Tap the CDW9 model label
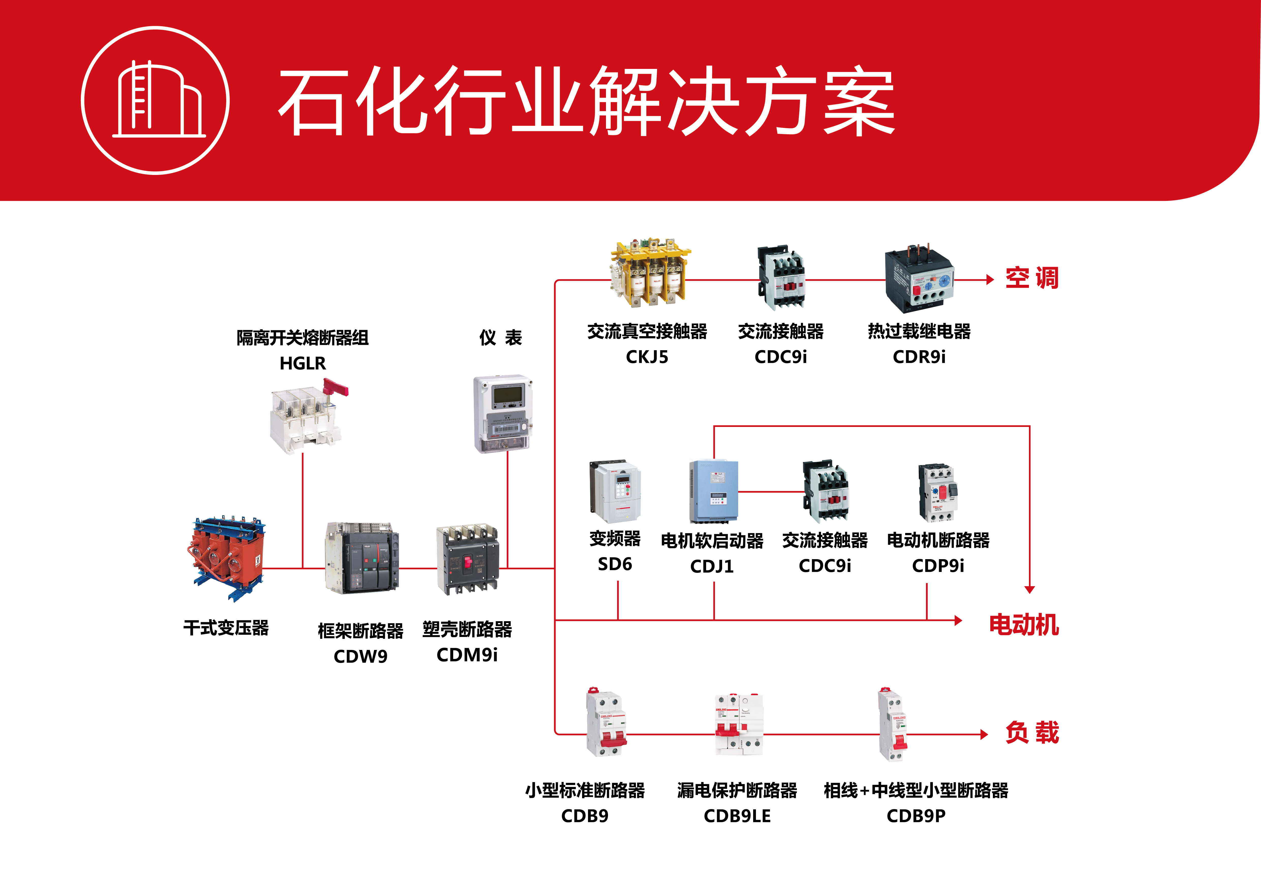360,656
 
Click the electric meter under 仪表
503,414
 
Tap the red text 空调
1031,278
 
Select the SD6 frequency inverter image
615,492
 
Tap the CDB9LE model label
737,816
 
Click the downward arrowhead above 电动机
1030,589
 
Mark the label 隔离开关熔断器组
303,338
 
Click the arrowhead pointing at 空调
990,279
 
